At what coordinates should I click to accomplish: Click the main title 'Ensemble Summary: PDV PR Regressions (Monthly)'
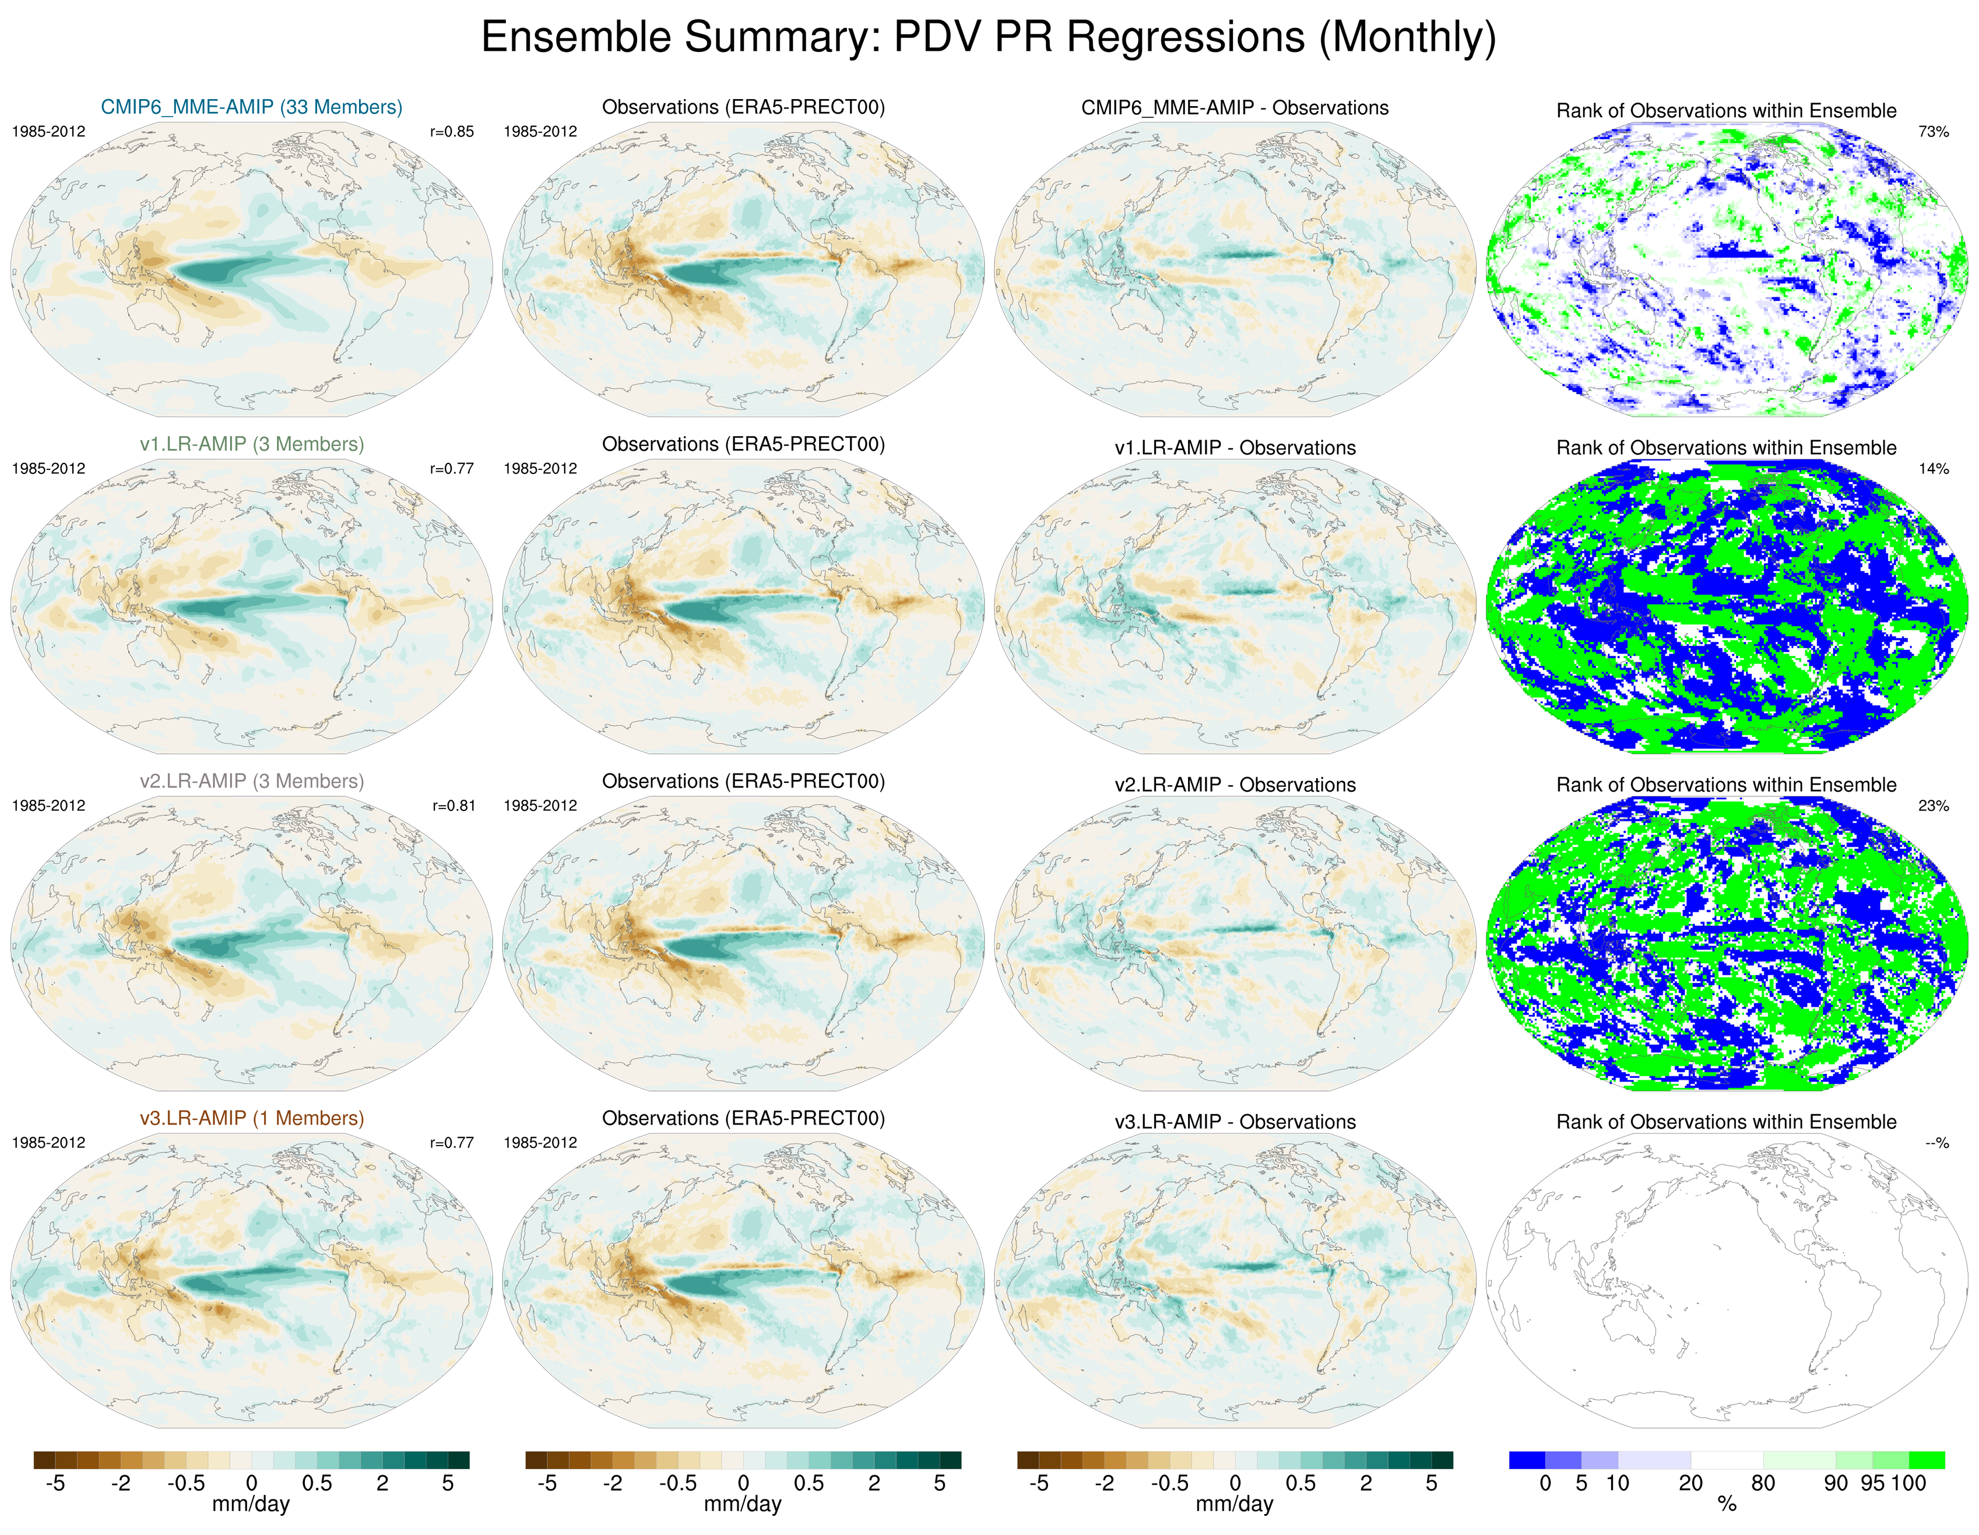pyautogui.click(x=987, y=38)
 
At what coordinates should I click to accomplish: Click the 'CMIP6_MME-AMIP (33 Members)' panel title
pyautogui.click(x=251, y=107)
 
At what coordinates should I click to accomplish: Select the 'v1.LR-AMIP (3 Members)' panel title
pyautogui.click(x=251, y=444)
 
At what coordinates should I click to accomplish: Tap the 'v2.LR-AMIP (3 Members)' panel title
pyautogui.click(x=251, y=781)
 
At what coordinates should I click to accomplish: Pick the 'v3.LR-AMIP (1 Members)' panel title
pyautogui.click(x=251, y=1118)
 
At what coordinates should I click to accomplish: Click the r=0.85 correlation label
pyautogui.click(x=451, y=131)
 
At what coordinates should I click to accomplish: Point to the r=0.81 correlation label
pyautogui.click(x=453, y=806)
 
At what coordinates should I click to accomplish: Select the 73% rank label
pyautogui.click(x=1933, y=131)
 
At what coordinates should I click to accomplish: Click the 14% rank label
pyautogui.click(x=1933, y=469)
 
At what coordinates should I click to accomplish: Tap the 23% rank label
pyautogui.click(x=1933, y=806)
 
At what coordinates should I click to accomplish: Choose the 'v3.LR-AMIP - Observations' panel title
pyautogui.click(x=1234, y=1122)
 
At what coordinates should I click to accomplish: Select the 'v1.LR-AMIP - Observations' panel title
pyautogui.click(x=1234, y=448)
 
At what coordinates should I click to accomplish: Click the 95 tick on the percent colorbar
pyautogui.click(x=1872, y=1483)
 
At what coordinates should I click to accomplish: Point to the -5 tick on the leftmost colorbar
pyautogui.click(x=55, y=1483)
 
